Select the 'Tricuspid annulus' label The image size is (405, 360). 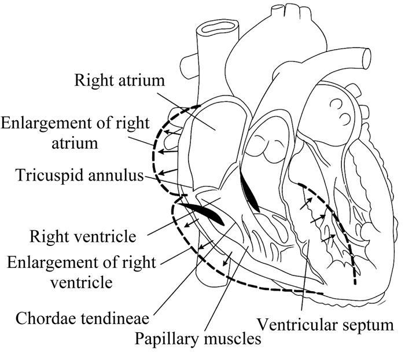click(x=72, y=175)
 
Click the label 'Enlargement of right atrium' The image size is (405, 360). click(x=75, y=133)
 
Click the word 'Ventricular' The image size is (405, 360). click(x=297, y=323)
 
